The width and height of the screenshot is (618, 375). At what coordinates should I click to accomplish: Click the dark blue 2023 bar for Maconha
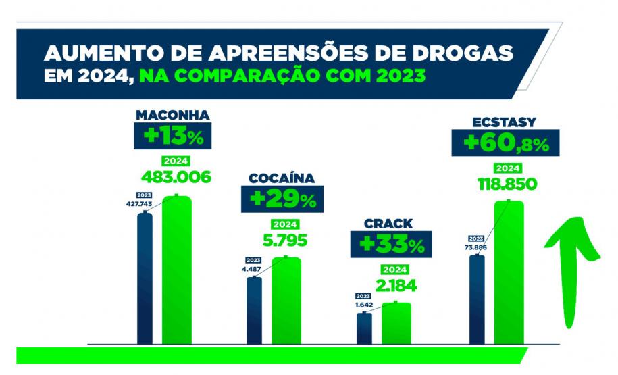tap(145, 278)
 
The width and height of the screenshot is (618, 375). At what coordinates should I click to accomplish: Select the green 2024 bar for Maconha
tap(176, 270)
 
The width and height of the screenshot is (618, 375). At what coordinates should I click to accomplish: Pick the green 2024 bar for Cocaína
tap(286, 301)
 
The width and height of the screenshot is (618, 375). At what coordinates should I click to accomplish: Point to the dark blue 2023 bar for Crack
tap(364, 328)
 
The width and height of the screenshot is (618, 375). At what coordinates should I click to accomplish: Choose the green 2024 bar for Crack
tap(396, 324)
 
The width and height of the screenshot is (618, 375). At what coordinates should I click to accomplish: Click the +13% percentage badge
tap(172, 136)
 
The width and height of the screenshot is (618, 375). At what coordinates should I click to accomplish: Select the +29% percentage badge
tap(282, 199)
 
